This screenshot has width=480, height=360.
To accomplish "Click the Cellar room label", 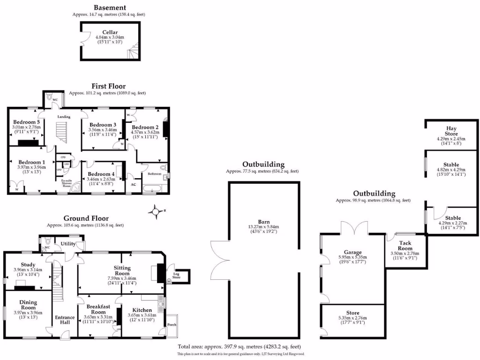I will click(110, 32).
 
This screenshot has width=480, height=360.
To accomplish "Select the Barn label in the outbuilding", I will click(263, 222).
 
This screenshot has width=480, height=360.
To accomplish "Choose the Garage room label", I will click(352, 252).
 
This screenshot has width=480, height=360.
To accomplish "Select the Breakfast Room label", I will click(98, 309).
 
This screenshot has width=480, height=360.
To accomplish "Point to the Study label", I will click(28, 265).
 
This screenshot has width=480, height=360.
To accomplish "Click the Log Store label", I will click(177, 276).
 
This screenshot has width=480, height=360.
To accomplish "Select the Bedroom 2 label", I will click(145, 127).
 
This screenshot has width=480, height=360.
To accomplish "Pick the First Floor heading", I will click(108, 86).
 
